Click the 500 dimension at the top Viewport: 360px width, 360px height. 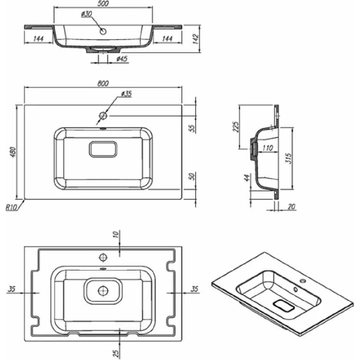click(x=103, y=4)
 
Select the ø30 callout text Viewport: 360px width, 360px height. click(x=86, y=14)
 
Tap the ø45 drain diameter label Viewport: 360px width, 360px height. click(x=122, y=59)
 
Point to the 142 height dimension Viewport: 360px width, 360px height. click(x=195, y=39)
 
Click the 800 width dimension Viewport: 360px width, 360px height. click(x=103, y=84)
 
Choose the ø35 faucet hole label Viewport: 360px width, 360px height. click(x=126, y=94)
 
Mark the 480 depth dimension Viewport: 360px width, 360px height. click(x=13, y=152)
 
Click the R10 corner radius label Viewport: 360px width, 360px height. click(x=11, y=208)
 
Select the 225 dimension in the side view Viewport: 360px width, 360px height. click(x=236, y=126)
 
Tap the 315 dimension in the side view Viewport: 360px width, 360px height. click(x=288, y=158)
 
